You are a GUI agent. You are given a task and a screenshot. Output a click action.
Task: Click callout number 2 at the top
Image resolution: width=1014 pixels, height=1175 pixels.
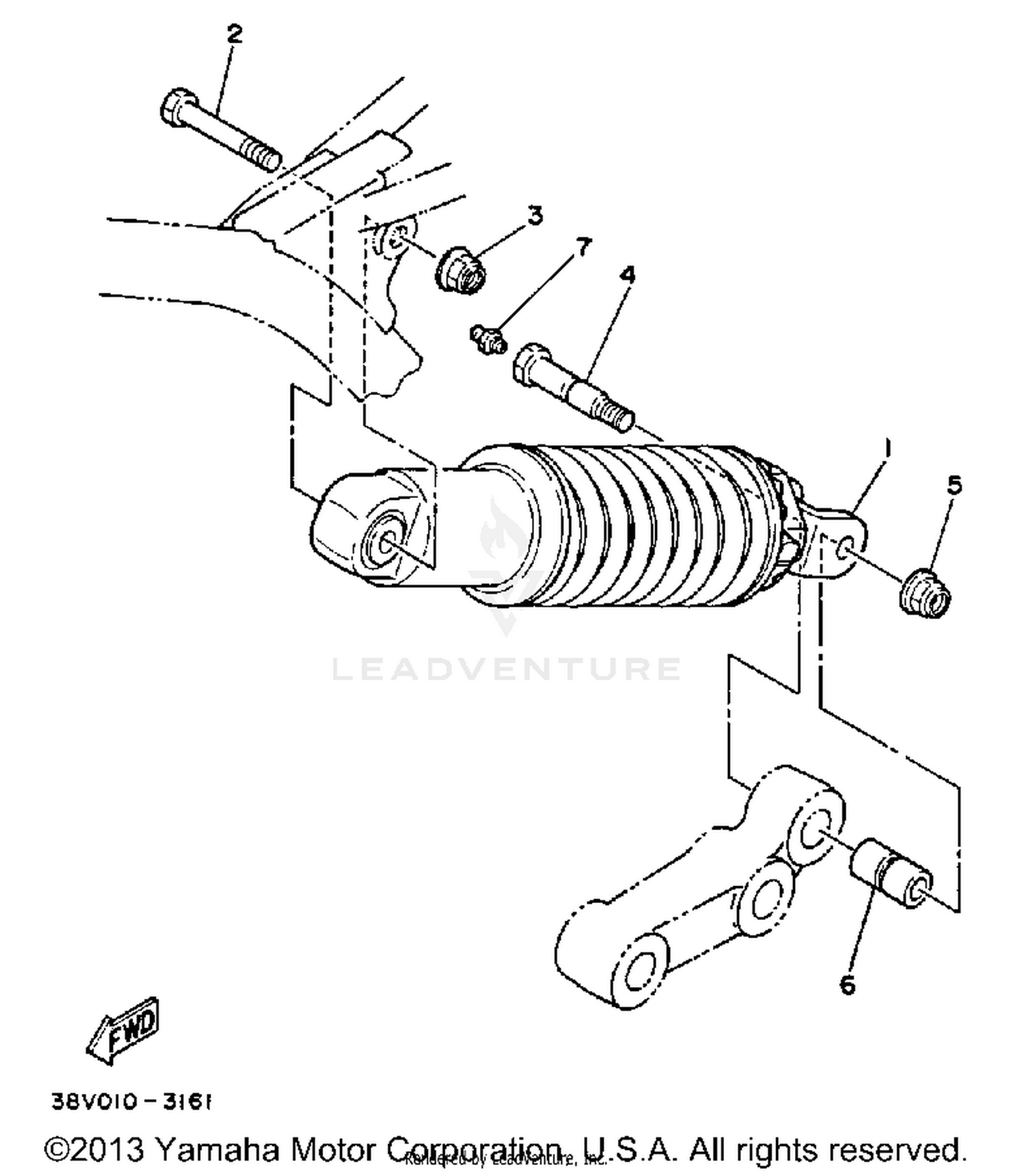[234, 34]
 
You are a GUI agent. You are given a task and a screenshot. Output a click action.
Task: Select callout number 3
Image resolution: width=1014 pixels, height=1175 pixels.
[535, 216]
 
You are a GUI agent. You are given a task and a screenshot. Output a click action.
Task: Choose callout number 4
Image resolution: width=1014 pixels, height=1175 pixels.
[627, 275]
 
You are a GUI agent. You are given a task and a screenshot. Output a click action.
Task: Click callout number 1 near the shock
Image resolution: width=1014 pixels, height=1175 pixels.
[888, 447]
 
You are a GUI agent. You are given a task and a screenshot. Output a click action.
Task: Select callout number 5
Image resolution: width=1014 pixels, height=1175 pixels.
[954, 485]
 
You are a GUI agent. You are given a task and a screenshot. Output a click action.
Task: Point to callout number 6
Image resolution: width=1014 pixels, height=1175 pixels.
[847, 986]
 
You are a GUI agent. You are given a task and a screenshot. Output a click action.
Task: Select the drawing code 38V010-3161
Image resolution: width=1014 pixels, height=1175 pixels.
[132, 1102]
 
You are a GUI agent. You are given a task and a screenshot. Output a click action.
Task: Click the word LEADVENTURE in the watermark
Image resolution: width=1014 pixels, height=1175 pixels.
[506, 669]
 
